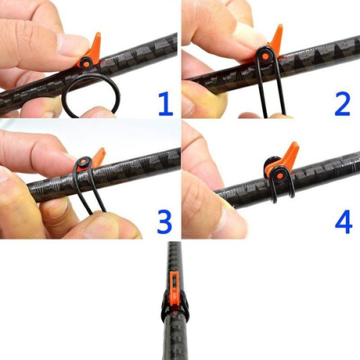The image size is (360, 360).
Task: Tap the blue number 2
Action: click(342, 103)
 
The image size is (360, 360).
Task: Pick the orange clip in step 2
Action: click(276, 42)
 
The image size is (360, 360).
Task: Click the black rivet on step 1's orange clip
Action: click(87, 61)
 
